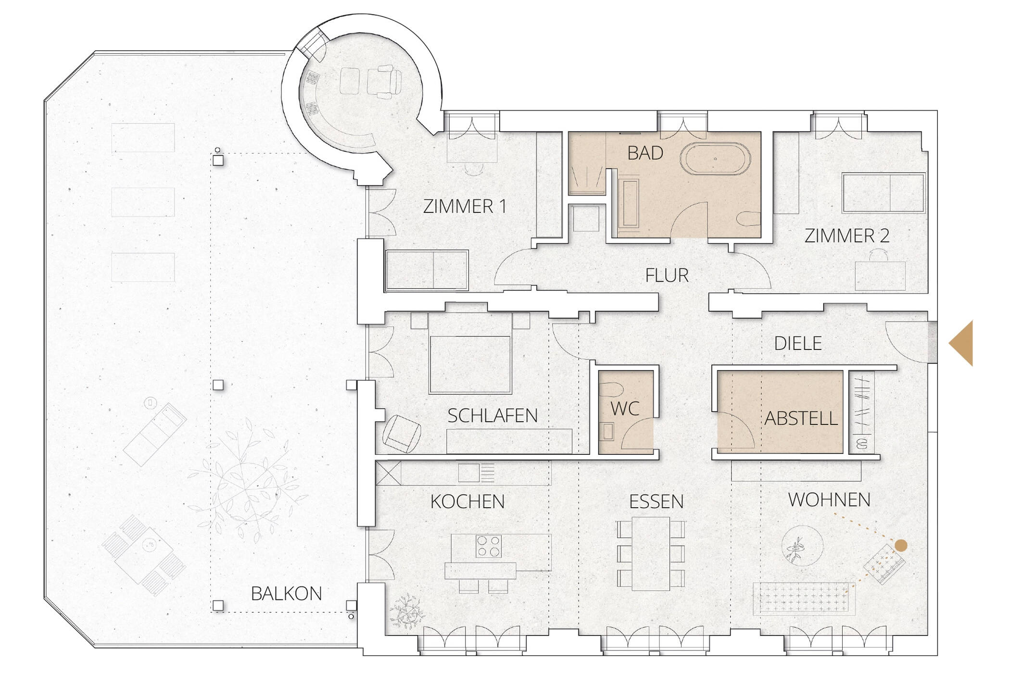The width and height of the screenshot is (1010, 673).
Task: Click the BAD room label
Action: [645, 153]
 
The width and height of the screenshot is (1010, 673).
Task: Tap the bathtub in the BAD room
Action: [715, 159]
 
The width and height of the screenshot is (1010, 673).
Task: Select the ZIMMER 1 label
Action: [465, 207]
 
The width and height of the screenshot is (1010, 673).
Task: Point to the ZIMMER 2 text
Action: [846, 236]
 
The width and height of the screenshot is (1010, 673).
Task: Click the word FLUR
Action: [667, 275]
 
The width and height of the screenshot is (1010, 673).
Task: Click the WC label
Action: [625, 409]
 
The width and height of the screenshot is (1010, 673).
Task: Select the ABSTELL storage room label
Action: [801, 419]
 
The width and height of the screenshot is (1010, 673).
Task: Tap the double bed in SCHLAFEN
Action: [470, 358]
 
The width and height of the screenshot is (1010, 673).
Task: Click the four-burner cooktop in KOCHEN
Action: [489, 546]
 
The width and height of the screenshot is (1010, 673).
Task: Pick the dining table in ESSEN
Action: [651, 553]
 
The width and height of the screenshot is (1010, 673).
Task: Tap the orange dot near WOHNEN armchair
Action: [901, 545]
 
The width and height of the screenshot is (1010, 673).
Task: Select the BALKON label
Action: [286, 594]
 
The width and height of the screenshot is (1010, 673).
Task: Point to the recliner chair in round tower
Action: [384, 83]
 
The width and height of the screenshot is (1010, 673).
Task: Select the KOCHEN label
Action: [467, 502]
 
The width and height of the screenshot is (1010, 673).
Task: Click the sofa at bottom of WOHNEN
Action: [804, 598]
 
